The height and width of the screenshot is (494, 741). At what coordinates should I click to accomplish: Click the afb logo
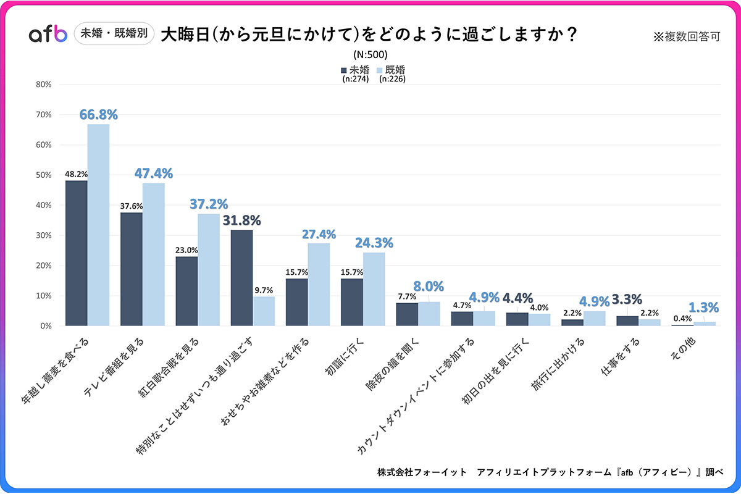(x=48, y=35)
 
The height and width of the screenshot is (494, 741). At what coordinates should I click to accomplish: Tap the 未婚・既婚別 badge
(x=114, y=34)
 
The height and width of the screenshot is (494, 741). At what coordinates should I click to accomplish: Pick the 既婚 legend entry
(x=391, y=70)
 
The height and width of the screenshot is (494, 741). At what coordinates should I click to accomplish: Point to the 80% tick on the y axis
(x=43, y=85)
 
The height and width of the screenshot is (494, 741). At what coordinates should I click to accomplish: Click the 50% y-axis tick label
(x=43, y=175)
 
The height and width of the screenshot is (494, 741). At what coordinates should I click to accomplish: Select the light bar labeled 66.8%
(x=98, y=225)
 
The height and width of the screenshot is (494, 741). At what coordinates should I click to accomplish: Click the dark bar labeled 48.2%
(x=76, y=253)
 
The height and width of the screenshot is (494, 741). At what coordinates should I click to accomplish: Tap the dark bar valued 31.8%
(x=241, y=278)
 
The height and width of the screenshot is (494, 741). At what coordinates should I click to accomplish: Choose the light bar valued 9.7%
(x=264, y=311)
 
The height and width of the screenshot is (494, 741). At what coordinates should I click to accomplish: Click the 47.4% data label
(x=154, y=174)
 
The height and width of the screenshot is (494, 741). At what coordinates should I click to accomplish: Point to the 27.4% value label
(x=319, y=234)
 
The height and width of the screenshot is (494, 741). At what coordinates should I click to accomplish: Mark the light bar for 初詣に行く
(x=374, y=289)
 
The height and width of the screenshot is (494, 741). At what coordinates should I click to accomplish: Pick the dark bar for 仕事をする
(x=627, y=320)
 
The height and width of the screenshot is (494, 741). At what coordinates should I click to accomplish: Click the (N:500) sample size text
(x=371, y=54)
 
